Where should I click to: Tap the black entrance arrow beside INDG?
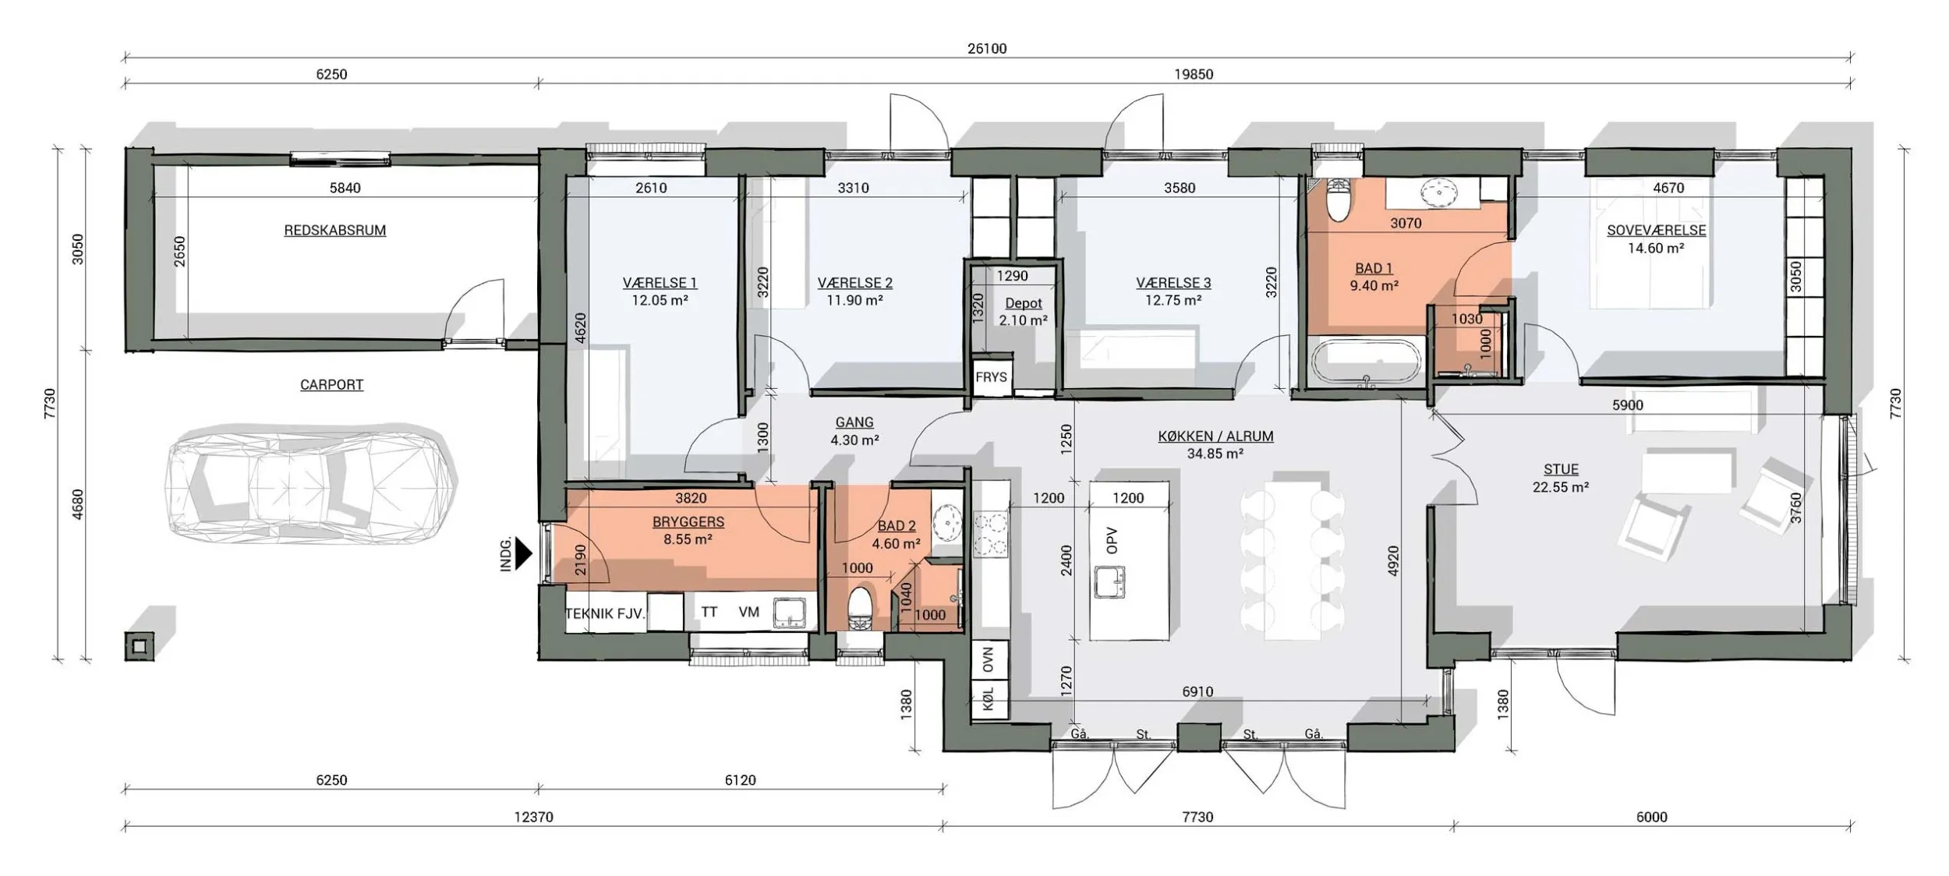click(x=524, y=553)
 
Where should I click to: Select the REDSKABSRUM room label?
click(x=334, y=231)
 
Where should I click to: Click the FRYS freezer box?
click(x=992, y=377)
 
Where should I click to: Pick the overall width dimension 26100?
click(x=987, y=48)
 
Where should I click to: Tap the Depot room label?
click(x=1024, y=303)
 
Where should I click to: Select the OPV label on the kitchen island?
click(x=1112, y=540)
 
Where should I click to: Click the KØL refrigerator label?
click(x=989, y=700)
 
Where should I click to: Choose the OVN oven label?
click(x=989, y=661)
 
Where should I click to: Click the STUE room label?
click(x=1561, y=469)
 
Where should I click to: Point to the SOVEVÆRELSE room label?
click(x=1657, y=231)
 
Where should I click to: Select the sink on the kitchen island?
click(x=1109, y=581)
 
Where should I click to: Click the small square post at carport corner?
click(x=139, y=646)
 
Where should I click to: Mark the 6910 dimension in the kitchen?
click(x=1197, y=691)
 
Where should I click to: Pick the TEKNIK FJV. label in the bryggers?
click(x=605, y=613)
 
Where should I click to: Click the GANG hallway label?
click(x=854, y=422)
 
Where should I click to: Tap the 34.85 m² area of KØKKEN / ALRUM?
click(x=1215, y=454)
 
